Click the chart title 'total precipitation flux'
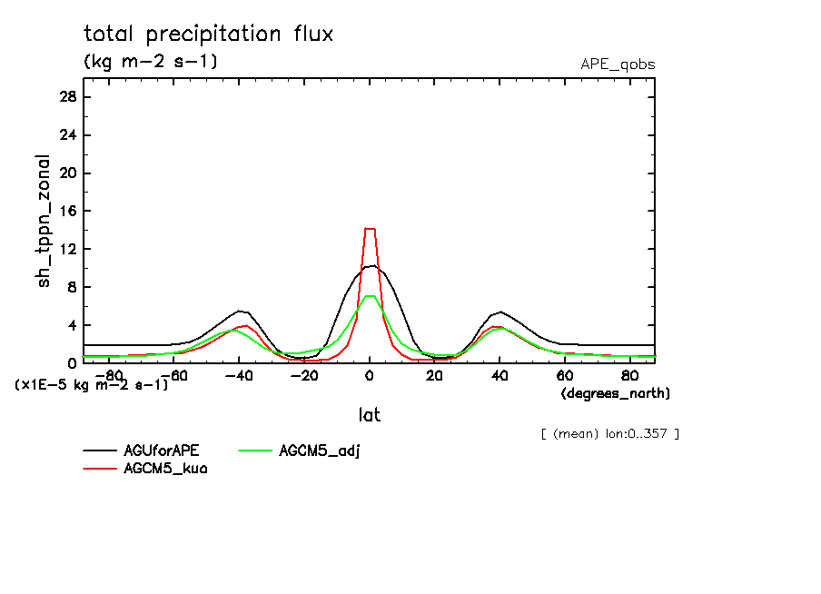tap(209, 35)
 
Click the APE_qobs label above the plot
tap(618, 64)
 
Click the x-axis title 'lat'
tap(369, 415)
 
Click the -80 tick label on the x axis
tap(107, 375)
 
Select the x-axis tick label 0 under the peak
tap(370, 375)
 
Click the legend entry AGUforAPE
tap(162, 451)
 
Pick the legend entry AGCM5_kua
tap(165, 469)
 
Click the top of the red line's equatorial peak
tap(370, 229)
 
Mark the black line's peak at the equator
tap(371, 265)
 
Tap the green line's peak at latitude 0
tap(370, 296)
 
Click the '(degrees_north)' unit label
tap(616, 393)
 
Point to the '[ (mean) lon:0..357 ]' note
tap(609, 433)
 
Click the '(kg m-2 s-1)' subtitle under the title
tap(151, 62)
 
